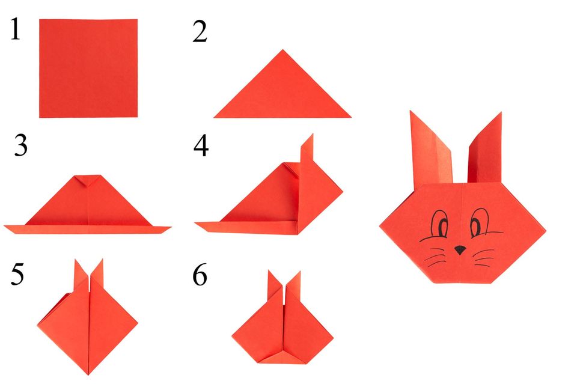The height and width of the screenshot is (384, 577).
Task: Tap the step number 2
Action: [200, 31]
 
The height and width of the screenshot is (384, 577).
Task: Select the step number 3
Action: [21, 146]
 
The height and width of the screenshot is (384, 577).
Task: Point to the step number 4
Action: [201, 146]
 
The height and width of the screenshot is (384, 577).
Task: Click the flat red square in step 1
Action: [88, 68]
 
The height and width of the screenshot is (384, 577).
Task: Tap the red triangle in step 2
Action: [282, 90]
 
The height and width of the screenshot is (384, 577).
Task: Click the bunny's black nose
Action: [460, 249]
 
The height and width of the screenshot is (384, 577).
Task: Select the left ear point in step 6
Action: [271, 276]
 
